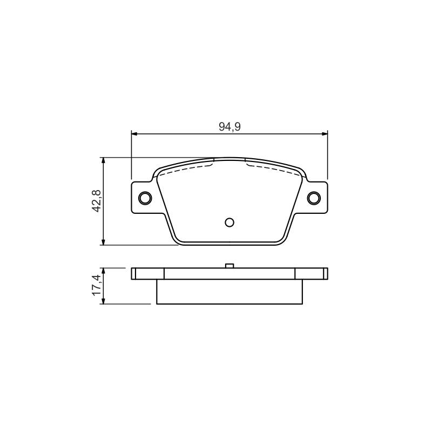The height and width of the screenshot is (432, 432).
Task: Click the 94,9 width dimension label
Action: click(x=230, y=126)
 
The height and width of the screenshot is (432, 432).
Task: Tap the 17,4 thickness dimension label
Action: click(x=97, y=286)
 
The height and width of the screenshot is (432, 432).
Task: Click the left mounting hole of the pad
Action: click(x=145, y=198)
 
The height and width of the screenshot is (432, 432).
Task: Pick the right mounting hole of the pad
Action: click(x=314, y=198)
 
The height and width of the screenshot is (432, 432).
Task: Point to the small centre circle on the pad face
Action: click(x=230, y=222)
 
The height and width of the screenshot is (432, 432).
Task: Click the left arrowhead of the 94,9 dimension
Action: click(x=134, y=134)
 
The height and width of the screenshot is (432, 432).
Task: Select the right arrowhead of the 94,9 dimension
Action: click(x=325, y=134)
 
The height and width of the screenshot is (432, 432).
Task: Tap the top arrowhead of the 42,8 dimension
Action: click(x=103, y=160)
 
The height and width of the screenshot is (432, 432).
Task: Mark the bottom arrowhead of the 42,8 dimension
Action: click(x=103, y=242)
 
